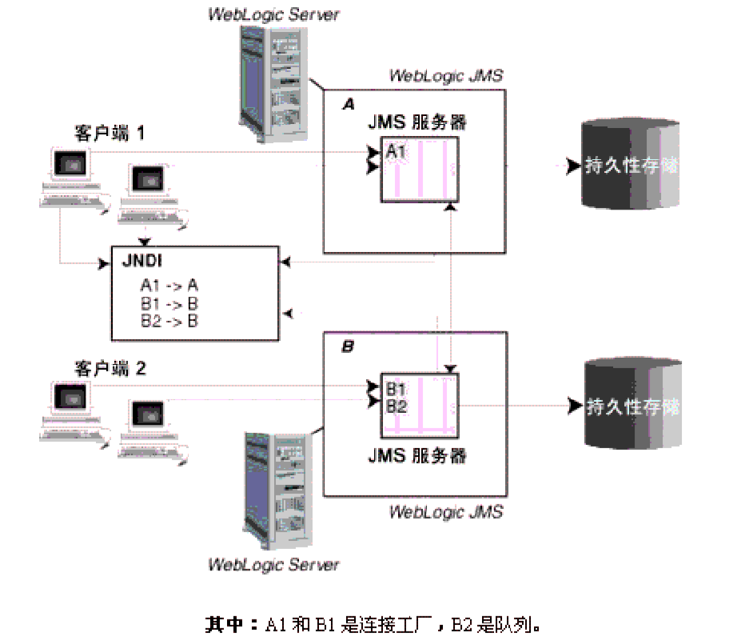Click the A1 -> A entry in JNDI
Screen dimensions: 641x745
[x=169, y=286]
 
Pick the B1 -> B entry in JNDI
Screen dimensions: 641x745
[x=169, y=304]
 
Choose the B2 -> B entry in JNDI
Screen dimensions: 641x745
[x=169, y=321]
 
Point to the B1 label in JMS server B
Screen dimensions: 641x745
[x=396, y=389]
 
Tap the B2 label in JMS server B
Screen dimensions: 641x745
[x=396, y=406]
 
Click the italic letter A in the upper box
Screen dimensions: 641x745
[x=348, y=105]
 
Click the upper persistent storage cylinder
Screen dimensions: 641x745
[x=632, y=165]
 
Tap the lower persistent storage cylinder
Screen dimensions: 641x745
[x=632, y=405]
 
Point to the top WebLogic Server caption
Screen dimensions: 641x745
[x=273, y=14]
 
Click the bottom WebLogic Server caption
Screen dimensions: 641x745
[x=273, y=564]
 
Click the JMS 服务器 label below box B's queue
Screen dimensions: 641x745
[x=417, y=456]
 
